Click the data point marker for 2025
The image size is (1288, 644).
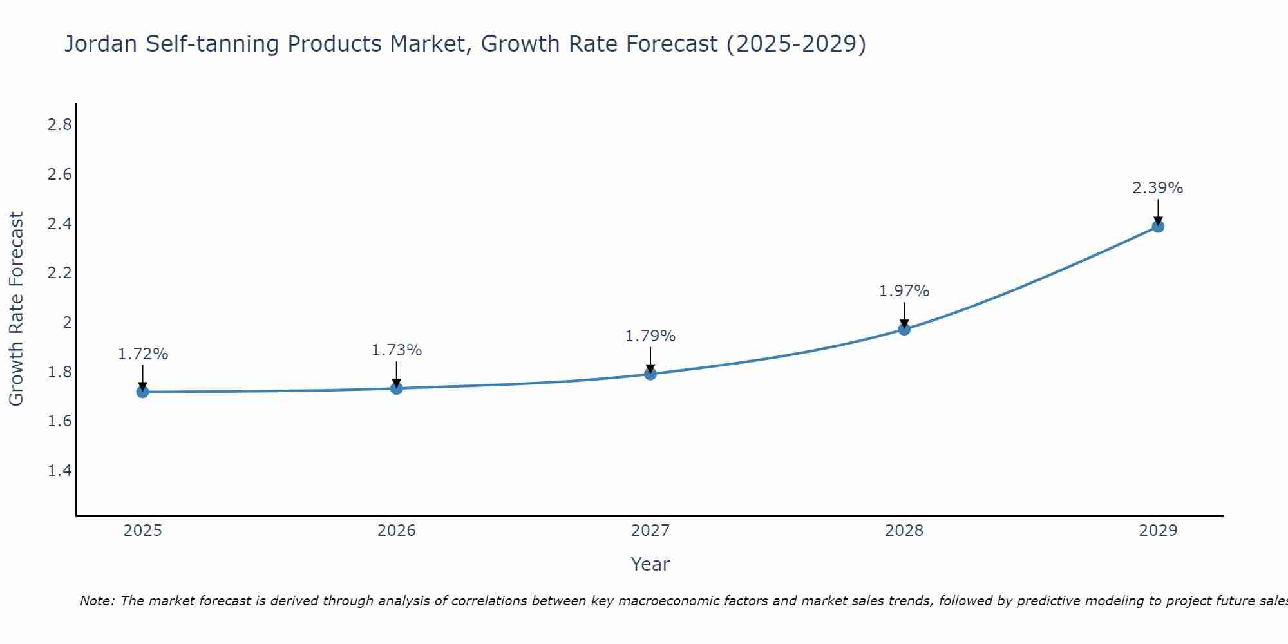(143, 392)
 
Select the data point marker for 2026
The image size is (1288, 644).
(397, 388)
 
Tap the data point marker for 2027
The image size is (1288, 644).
(650, 374)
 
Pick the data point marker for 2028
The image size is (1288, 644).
(904, 329)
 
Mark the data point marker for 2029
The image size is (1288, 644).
(1158, 226)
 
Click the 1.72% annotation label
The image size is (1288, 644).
(143, 354)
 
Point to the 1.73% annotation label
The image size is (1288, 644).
(397, 350)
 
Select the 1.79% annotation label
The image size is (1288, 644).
(650, 336)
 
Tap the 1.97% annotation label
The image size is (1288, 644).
(904, 291)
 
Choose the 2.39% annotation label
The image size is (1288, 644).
(1158, 188)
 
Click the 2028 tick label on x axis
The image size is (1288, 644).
(904, 531)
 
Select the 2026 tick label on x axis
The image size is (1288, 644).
(397, 531)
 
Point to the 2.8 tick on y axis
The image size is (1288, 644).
(59, 125)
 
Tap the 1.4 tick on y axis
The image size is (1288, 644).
(59, 471)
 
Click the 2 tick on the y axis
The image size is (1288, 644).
(67, 323)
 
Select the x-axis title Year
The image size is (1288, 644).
(650, 564)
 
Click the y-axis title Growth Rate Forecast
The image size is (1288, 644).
(17, 309)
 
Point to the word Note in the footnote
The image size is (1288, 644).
(97, 601)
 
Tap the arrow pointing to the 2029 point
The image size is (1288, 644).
(1158, 211)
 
